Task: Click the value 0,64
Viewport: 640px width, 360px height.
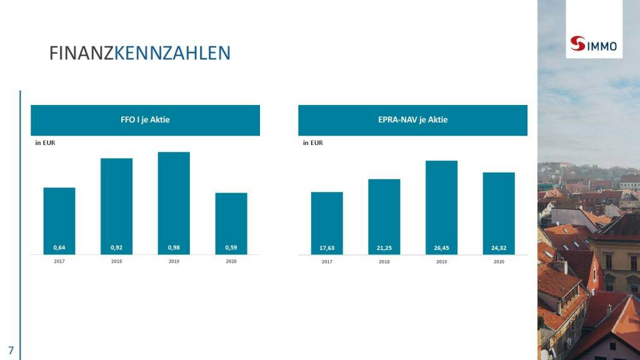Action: pyautogui.click(x=59, y=248)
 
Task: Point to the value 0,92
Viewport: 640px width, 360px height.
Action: pyautogui.click(x=116, y=248)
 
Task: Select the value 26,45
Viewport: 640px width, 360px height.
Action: pyautogui.click(x=441, y=248)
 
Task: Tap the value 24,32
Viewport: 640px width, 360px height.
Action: pyautogui.click(x=499, y=248)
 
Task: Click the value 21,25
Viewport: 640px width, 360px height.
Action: pyautogui.click(x=384, y=248)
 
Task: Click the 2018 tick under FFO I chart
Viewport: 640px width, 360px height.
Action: pyautogui.click(x=116, y=261)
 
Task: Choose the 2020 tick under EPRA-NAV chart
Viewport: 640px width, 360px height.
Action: pyautogui.click(x=499, y=262)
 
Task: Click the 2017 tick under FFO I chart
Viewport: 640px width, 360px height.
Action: pyautogui.click(x=59, y=261)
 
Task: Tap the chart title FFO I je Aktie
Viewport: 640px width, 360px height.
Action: pyautogui.click(x=145, y=120)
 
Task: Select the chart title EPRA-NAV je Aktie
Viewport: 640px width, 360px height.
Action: pyautogui.click(x=412, y=120)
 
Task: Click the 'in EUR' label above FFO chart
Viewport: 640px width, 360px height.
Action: pyautogui.click(x=45, y=143)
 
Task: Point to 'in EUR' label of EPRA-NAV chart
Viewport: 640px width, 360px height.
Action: pyautogui.click(x=312, y=143)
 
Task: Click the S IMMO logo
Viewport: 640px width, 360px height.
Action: pyautogui.click(x=593, y=44)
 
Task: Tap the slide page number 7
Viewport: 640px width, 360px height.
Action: pyautogui.click(x=11, y=349)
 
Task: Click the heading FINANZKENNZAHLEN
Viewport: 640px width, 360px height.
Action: pyautogui.click(x=140, y=53)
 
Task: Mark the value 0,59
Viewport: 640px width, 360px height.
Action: pyautogui.click(x=231, y=248)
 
